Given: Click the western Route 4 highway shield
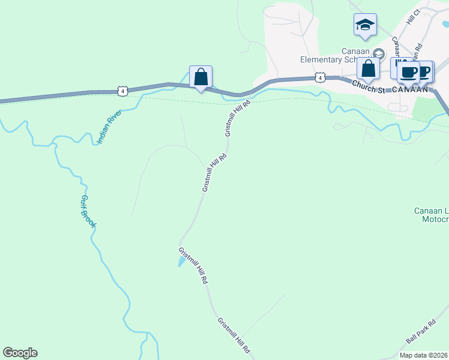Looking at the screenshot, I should [122, 91].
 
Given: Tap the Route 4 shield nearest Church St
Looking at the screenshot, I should [320, 77].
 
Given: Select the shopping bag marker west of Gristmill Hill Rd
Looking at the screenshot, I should [200, 77].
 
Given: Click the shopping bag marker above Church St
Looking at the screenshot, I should [368, 68].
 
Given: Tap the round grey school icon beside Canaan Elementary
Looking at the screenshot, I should [378, 53].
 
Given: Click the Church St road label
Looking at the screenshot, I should [368, 87].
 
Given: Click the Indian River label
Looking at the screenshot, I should [109, 127].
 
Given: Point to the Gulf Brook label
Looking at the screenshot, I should [88, 211].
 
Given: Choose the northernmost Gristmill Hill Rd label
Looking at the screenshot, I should [237, 118].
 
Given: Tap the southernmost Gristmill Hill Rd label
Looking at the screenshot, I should [234, 335].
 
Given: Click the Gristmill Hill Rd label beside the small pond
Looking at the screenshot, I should [193, 265].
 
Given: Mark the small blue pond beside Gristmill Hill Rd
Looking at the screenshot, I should [181, 260].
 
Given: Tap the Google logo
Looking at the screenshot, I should [20, 353].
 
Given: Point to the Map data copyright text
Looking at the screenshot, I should [423, 355].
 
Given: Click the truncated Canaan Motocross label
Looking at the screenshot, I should [432, 215].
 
